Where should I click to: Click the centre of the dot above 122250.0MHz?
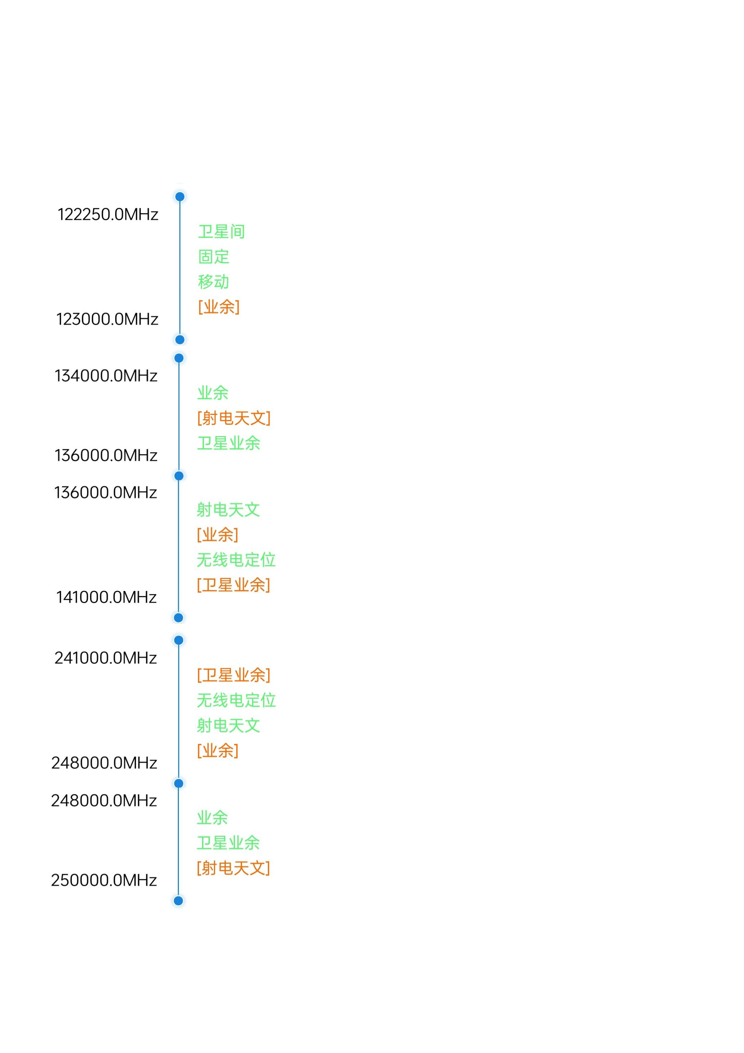coord(180,197)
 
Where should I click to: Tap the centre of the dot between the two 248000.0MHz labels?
coord(179,783)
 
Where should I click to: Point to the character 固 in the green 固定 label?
coord(205,257)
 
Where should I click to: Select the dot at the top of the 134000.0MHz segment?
coord(179,358)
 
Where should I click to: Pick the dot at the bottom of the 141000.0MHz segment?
coord(178,618)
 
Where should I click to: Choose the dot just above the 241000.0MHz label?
coord(179,640)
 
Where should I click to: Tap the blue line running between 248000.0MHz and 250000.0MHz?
coord(178,842)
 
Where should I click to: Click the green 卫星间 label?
coord(221,232)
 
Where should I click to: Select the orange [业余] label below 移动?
coord(219,307)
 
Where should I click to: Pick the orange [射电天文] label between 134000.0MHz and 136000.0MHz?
coord(234,418)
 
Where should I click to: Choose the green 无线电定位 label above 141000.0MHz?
coord(236,559)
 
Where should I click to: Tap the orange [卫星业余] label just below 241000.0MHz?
coord(233,675)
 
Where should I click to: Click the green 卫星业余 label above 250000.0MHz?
coord(228,842)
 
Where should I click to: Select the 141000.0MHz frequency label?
coord(106,597)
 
